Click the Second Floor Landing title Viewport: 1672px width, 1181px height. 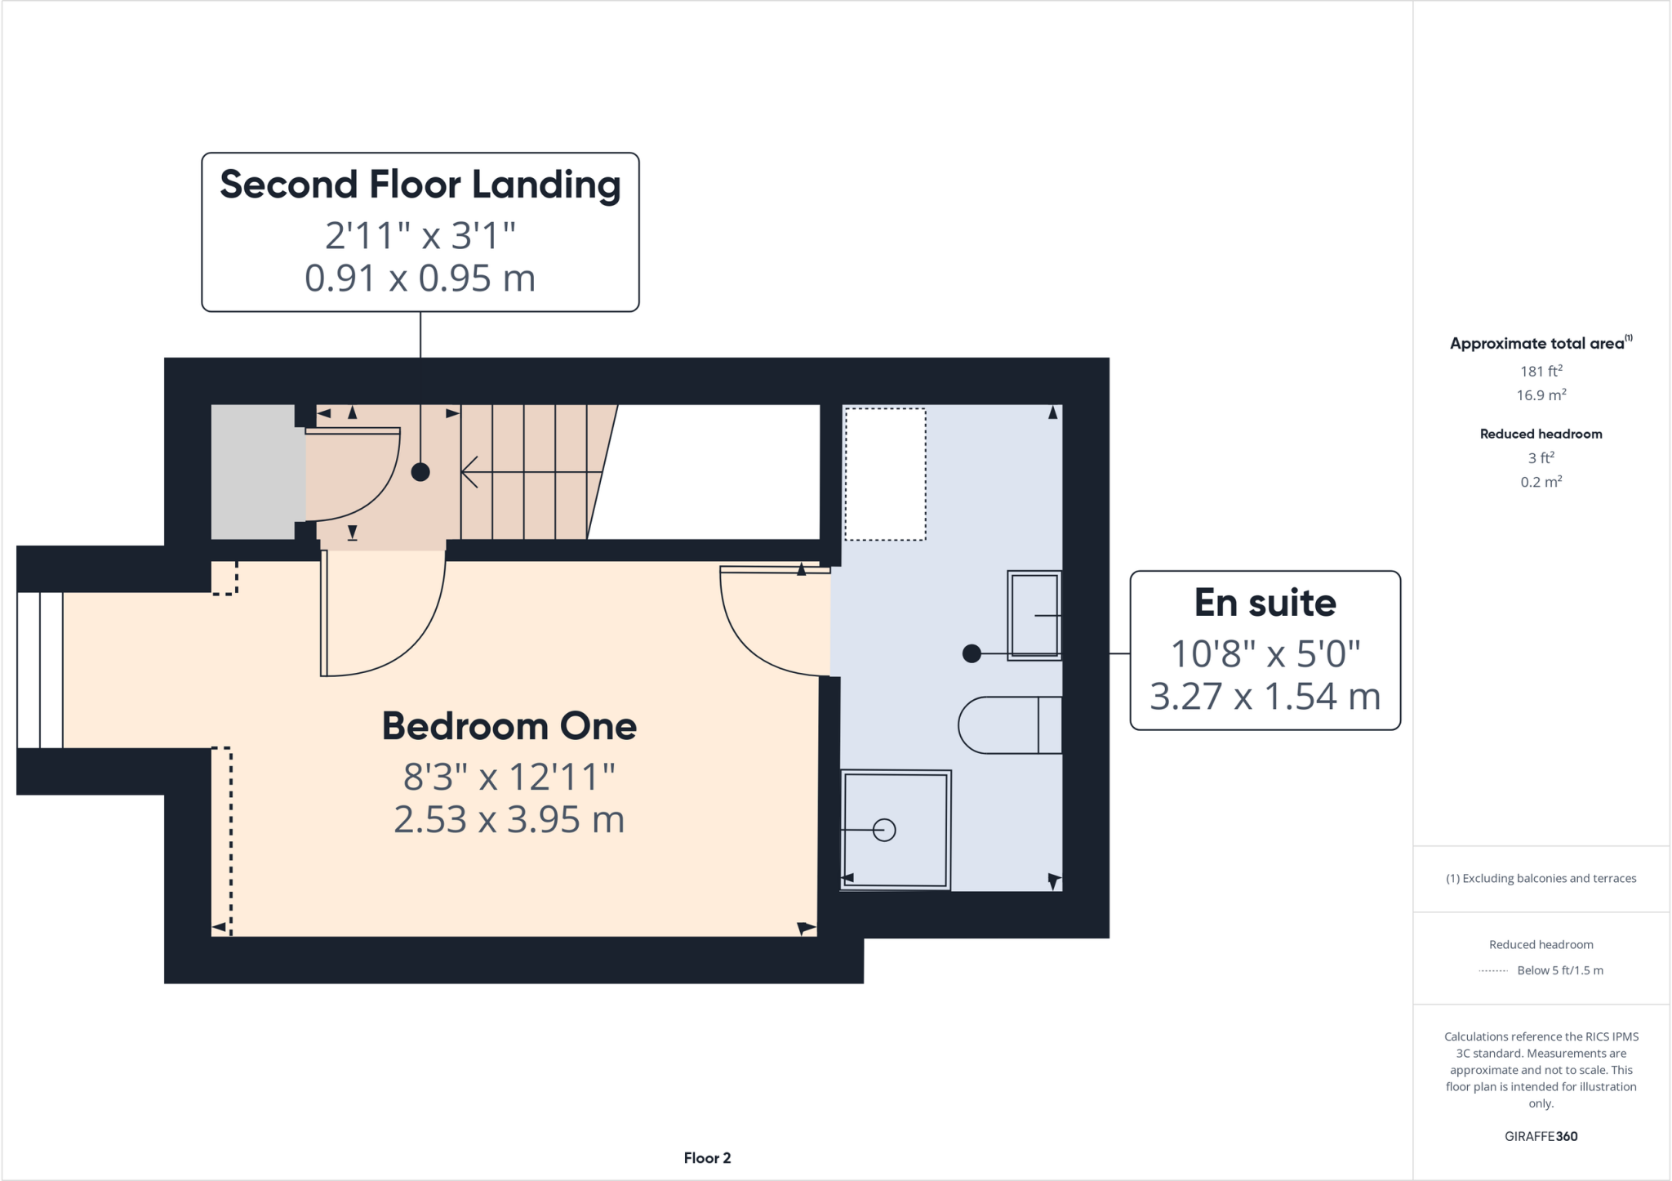[420, 185]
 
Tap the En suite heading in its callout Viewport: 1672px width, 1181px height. [1265, 603]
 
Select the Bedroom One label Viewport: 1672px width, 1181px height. [509, 726]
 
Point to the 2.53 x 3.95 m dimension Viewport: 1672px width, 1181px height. [509, 819]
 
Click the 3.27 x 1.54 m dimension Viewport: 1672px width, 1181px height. [1265, 697]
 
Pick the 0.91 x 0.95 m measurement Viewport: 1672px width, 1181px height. [420, 279]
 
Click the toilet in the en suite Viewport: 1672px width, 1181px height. [1010, 725]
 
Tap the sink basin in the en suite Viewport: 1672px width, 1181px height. [1034, 615]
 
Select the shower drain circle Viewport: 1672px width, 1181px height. [884, 830]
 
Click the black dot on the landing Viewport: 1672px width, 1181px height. [420, 472]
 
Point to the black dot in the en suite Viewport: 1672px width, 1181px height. [972, 653]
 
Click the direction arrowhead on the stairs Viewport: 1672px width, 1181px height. [469, 472]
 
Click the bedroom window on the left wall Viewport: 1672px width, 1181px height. [40, 670]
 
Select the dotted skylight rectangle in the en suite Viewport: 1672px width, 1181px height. [885, 475]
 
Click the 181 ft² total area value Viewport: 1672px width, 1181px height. [1541, 371]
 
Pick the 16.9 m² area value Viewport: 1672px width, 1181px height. [1541, 395]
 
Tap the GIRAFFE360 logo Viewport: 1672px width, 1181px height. [1541, 1136]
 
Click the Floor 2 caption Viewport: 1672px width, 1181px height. [708, 1158]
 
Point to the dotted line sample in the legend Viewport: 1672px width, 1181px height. [1493, 971]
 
